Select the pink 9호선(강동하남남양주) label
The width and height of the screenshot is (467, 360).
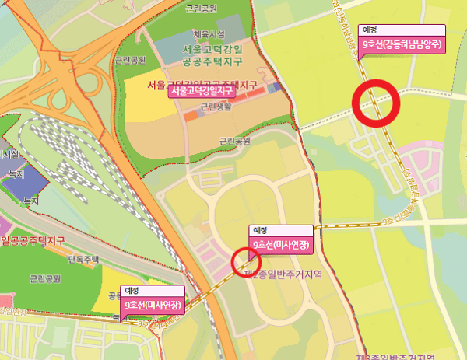402,44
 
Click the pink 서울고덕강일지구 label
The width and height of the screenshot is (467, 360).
201,90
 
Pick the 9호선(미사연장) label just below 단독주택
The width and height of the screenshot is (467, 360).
153,306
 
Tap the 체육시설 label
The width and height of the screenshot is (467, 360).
208,34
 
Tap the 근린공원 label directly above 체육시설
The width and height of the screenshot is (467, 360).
203,9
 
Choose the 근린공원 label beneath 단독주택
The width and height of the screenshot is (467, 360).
45,278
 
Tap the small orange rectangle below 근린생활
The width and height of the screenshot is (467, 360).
191,116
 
